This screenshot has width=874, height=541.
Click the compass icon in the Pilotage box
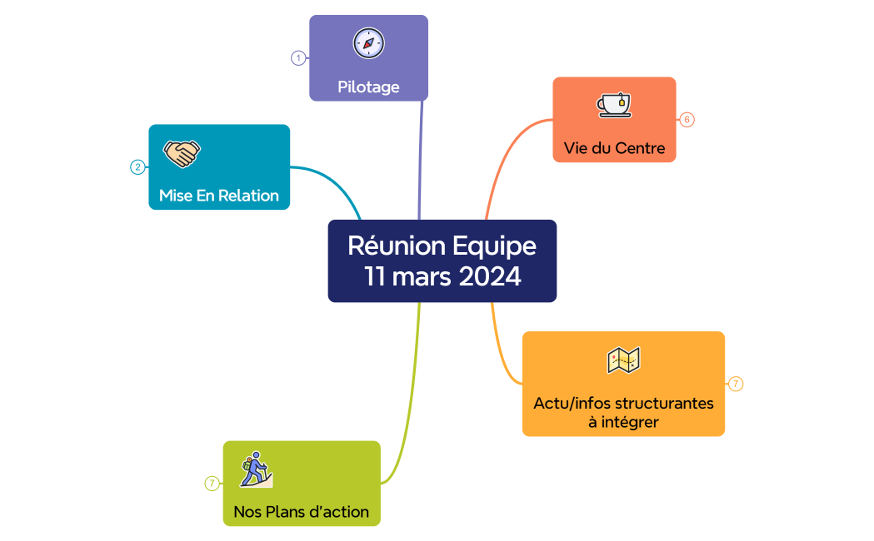(x=368, y=43)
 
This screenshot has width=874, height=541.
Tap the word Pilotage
(x=368, y=87)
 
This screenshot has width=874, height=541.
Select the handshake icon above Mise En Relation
(x=181, y=153)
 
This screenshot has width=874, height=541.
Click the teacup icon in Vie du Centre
(x=614, y=105)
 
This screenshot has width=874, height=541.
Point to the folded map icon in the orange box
(x=623, y=360)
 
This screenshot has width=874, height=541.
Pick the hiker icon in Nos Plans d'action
(x=255, y=469)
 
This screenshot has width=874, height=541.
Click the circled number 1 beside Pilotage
(x=298, y=58)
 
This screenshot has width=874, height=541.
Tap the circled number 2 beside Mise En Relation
(x=137, y=167)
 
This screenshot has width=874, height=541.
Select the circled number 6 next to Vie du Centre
(x=687, y=120)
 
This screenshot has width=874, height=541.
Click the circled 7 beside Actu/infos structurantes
(x=735, y=384)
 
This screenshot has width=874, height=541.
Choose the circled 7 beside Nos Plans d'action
(x=212, y=484)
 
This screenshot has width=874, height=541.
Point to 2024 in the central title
(x=490, y=276)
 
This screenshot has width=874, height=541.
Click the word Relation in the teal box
(x=248, y=196)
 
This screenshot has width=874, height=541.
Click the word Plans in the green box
(x=287, y=512)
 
